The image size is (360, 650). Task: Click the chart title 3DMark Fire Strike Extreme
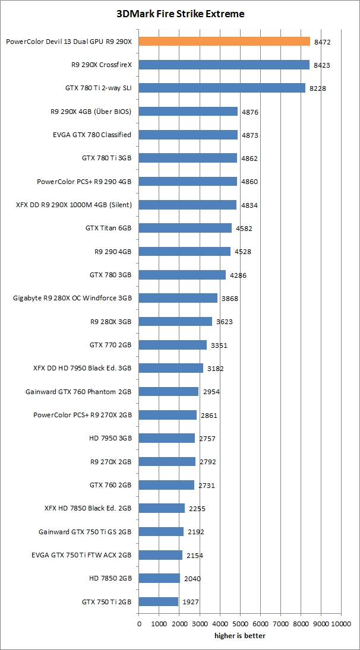[180, 14]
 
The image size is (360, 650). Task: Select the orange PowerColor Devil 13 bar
[225, 42]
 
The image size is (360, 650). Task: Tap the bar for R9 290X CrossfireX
[224, 65]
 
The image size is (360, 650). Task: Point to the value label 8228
[316, 88]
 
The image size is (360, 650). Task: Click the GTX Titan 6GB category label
[108, 228]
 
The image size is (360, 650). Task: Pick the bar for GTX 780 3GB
[182, 275]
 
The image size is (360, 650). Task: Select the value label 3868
[229, 299]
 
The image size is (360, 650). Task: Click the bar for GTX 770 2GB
[173, 345]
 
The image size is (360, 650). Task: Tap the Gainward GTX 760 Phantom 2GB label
[78, 392]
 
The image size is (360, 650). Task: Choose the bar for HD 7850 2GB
[159, 578]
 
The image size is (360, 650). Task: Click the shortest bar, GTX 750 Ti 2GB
[159, 601]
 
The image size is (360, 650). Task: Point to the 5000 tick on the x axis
[240, 624]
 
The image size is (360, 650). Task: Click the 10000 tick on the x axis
[341, 624]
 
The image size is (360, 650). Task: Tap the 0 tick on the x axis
[139, 624]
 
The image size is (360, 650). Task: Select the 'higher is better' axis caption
[240, 636]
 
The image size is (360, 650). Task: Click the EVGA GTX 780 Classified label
[92, 135]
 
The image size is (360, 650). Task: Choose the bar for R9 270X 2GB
[167, 462]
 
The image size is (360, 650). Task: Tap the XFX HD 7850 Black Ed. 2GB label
[88, 508]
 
